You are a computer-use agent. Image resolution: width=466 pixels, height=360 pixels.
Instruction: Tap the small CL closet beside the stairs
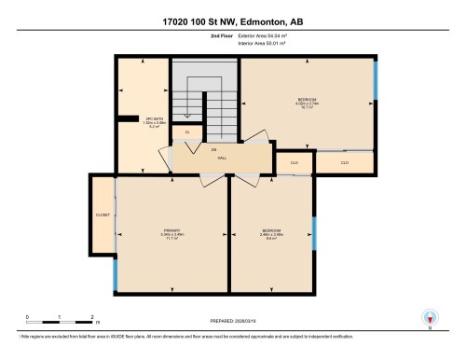click(188, 132)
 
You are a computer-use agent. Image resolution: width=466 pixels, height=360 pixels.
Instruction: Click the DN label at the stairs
click(213, 149)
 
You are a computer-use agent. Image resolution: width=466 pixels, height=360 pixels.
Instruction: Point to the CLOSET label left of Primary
click(103, 215)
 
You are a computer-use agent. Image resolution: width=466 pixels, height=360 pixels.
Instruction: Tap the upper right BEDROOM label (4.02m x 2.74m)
click(308, 103)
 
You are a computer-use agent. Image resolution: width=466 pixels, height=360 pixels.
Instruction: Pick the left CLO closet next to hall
click(295, 162)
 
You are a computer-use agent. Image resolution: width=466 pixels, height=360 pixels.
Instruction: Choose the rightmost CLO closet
click(344, 162)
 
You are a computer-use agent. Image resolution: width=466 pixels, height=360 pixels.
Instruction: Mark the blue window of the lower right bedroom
click(314, 233)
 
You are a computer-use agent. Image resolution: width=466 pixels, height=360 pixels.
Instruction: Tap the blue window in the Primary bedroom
click(115, 271)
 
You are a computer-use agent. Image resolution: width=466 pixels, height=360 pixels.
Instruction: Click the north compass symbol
click(430, 318)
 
